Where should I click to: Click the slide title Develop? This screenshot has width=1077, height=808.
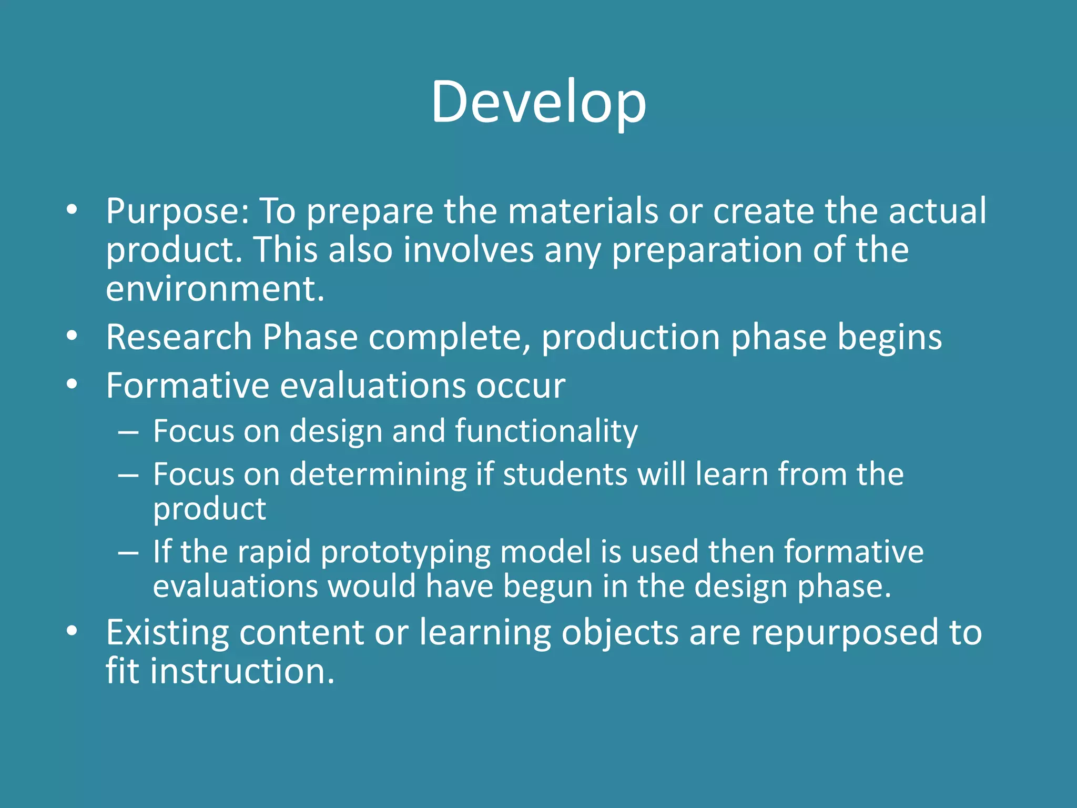(538, 103)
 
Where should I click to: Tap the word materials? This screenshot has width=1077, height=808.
(583, 211)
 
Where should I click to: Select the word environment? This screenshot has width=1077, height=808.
(215, 289)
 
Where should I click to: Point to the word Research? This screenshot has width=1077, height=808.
(179, 337)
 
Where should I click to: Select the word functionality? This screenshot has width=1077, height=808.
(546, 432)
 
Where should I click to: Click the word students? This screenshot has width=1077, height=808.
(565, 474)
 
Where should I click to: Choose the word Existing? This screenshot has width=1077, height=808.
(167, 633)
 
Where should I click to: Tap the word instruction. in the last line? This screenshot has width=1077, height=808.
(242, 672)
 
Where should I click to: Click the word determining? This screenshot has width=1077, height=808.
(378, 474)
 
